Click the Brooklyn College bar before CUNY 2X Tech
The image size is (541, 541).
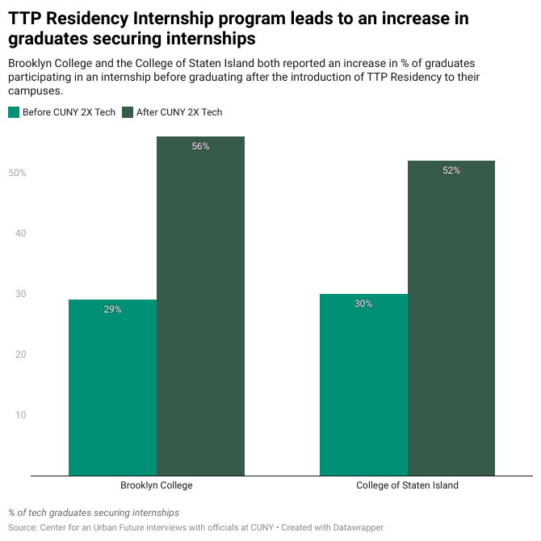click(112, 388)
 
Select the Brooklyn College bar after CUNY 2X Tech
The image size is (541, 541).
click(200, 307)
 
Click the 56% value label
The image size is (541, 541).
click(200, 146)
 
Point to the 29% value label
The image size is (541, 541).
click(112, 309)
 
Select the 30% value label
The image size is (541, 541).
click(363, 304)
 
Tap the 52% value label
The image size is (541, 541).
click(451, 170)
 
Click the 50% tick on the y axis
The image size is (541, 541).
click(17, 173)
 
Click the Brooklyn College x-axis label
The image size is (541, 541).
click(157, 486)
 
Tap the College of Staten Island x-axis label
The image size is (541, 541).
click(407, 486)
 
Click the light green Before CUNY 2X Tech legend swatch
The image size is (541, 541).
click(14, 112)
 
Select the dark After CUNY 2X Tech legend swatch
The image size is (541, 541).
click(128, 112)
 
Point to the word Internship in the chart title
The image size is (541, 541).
click(172, 18)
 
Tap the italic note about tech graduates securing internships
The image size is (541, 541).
click(94, 513)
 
